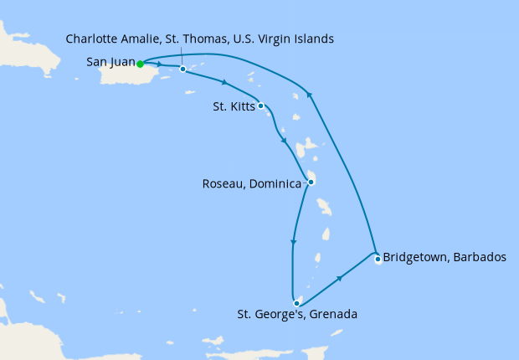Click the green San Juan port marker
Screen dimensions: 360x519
coord(140,64)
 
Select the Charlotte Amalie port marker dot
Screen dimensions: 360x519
coord(182,69)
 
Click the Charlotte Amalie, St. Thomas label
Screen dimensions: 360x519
coord(199,39)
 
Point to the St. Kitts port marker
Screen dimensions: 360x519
coord(261,105)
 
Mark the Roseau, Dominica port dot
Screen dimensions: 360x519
coord(311,182)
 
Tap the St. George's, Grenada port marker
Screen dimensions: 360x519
coord(296,303)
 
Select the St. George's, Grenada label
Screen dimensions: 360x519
coord(298,316)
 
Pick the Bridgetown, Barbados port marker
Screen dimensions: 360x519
coord(378,259)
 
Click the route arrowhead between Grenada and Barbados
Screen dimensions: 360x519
coord(340,278)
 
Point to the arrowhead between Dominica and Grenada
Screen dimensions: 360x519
coord(293,244)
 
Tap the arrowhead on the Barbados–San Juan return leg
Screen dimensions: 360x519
coord(310,95)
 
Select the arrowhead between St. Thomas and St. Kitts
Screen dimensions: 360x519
coord(225,82)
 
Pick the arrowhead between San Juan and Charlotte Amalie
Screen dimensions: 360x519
coord(159,64)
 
